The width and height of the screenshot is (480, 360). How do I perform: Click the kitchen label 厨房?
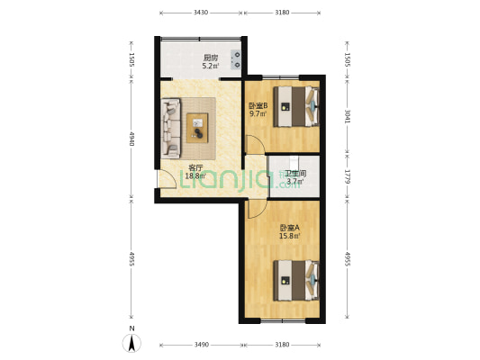(x=209, y=57)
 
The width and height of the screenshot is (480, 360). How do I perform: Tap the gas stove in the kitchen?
(x=236, y=58)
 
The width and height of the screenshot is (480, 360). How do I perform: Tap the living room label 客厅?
(x=195, y=167)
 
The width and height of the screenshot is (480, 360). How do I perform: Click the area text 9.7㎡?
(x=257, y=114)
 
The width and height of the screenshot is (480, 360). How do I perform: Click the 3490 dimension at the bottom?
(x=201, y=345)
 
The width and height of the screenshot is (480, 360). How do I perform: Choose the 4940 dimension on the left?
(x=131, y=139)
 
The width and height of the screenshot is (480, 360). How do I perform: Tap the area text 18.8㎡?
(x=195, y=176)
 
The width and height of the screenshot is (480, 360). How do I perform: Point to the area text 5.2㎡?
(x=209, y=66)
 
